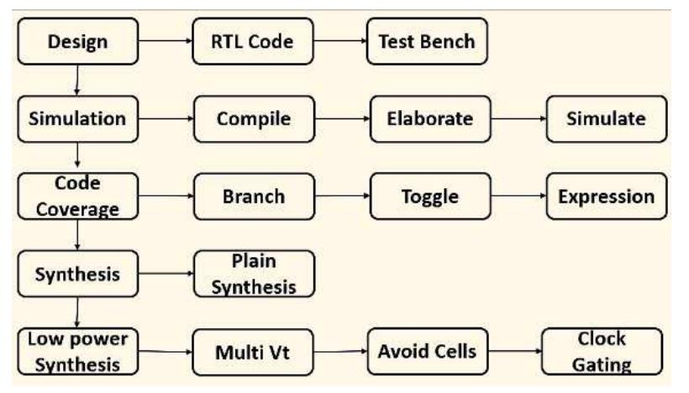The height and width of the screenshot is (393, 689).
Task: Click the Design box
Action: coord(76,41)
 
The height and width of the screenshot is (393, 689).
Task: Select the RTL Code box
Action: coord(253,41)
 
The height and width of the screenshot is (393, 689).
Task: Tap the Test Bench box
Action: coord(427,41)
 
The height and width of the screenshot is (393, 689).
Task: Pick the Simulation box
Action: coord(76,118)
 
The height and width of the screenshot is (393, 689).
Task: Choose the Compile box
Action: coord(254,118)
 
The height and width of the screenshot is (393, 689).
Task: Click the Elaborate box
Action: coord(430,118)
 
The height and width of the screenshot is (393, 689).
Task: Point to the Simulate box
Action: coord(606,118)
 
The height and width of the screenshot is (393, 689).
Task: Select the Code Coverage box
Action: coord(76,196)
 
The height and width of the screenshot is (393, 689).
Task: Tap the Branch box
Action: coord(254,196)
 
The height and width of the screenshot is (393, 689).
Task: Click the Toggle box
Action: coord(430,196)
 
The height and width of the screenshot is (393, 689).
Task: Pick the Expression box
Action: coord(606,196)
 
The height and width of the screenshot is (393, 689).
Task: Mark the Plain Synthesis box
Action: coord(254,274)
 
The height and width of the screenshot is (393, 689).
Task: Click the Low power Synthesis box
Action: coord(76,351)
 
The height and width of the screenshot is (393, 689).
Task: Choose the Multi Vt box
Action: coord(254,352)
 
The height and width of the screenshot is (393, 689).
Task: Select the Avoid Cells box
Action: coord(427,351)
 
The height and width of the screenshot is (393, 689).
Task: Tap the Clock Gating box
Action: coord(602,351)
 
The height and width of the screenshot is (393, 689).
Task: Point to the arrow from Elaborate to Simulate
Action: coord(518,118)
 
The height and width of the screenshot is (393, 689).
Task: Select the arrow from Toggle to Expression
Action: coord(518,197)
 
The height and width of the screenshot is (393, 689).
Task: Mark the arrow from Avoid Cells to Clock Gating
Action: coord(515,351)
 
